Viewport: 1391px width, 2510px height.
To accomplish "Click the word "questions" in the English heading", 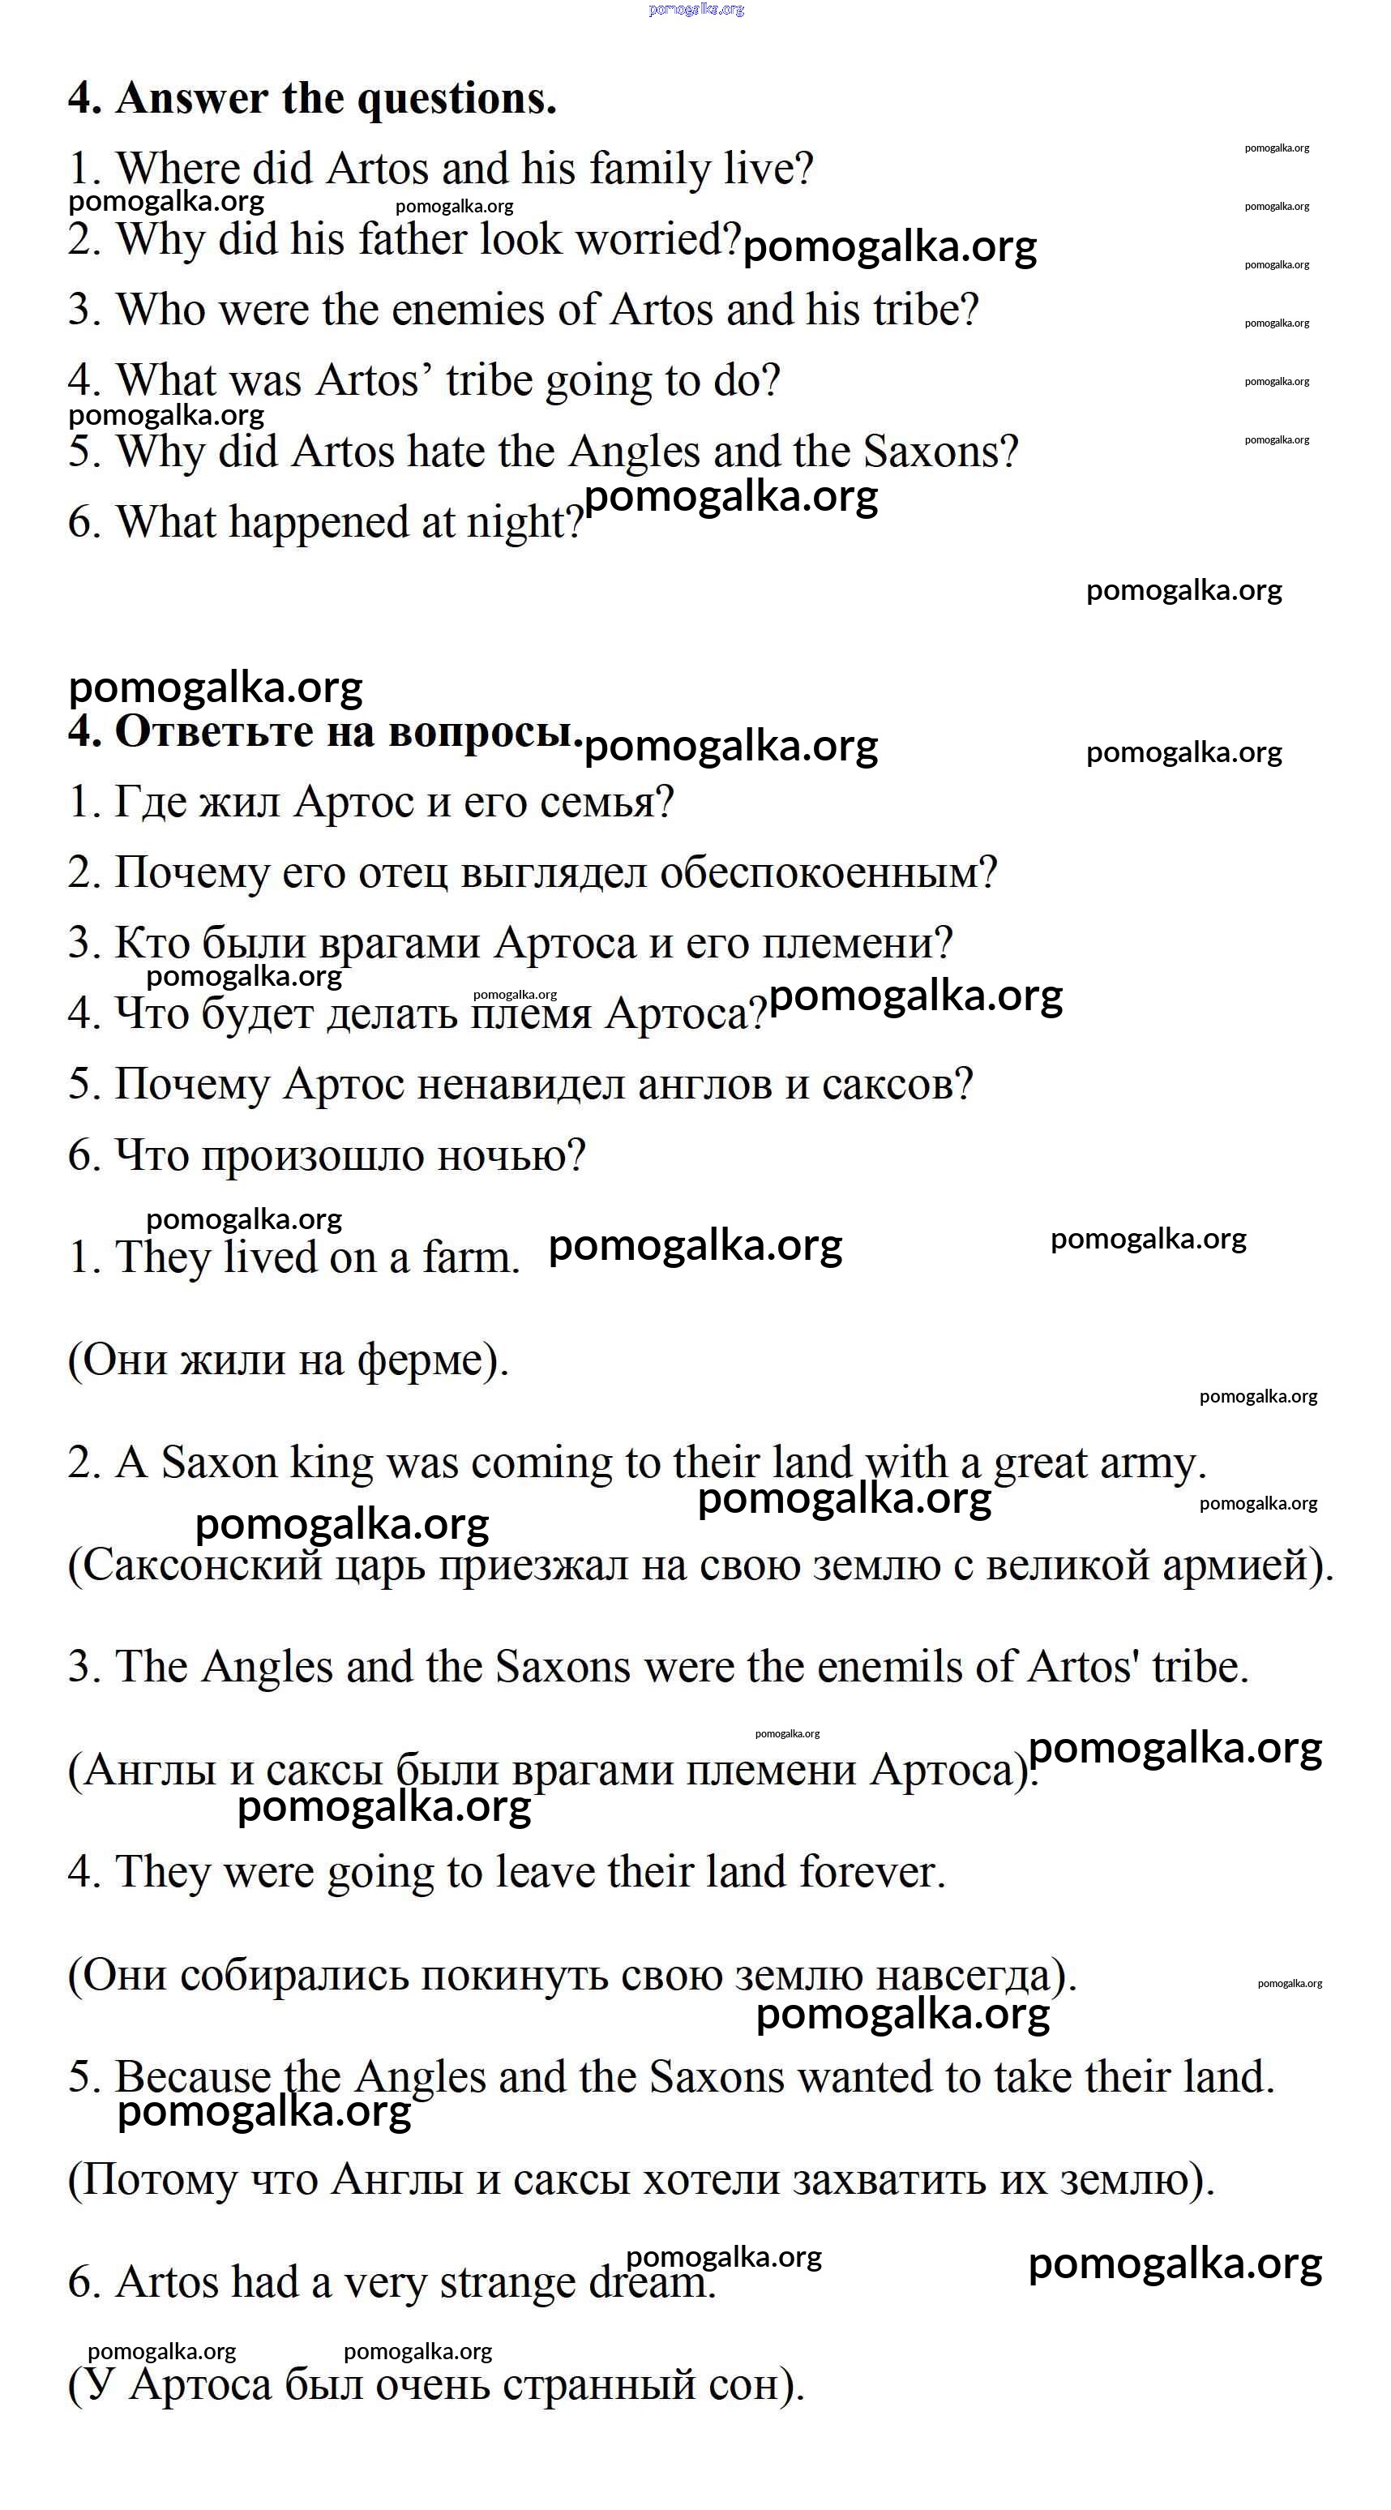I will coord(457,100).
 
